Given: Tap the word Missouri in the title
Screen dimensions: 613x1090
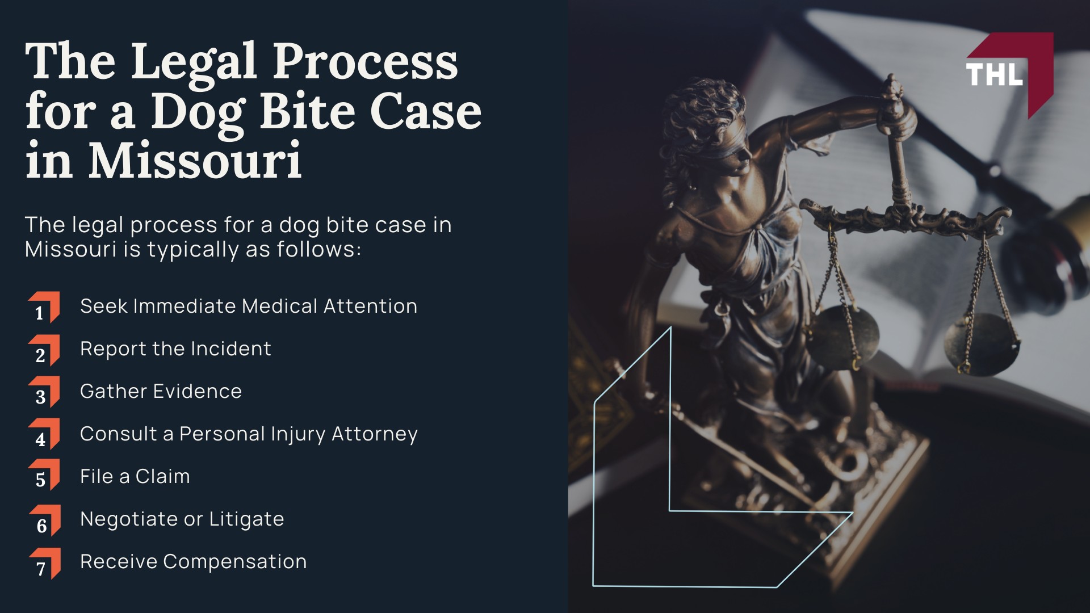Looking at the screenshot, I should point(194,160).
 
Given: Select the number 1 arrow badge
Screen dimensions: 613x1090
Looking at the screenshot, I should point(44,308).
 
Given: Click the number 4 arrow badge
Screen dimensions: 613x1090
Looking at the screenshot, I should point(44,435).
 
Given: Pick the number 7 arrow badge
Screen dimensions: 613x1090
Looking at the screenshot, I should point(44,564).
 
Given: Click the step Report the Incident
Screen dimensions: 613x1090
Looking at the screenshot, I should point(175,349).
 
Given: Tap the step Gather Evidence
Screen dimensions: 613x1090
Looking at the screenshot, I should point(161,391).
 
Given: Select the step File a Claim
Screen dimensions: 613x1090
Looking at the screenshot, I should point(135,476).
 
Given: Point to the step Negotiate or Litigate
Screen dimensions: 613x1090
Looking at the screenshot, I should point(182,519).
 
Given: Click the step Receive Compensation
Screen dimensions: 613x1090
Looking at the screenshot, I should point(193,561).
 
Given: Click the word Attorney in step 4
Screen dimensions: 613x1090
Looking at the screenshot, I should point(375,434).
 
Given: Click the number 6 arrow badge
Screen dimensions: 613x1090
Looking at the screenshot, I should point(44,520).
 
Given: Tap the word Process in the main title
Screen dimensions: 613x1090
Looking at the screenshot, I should point(366,61).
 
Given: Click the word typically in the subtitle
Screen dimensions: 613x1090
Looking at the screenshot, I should point(193,250).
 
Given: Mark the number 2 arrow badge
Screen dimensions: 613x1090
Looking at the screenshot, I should point(44,350).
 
